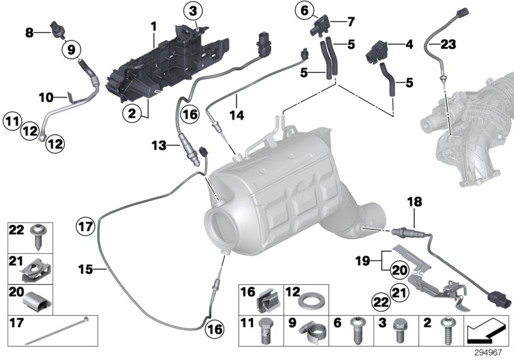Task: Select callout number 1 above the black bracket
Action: click(x=154, y=25)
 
